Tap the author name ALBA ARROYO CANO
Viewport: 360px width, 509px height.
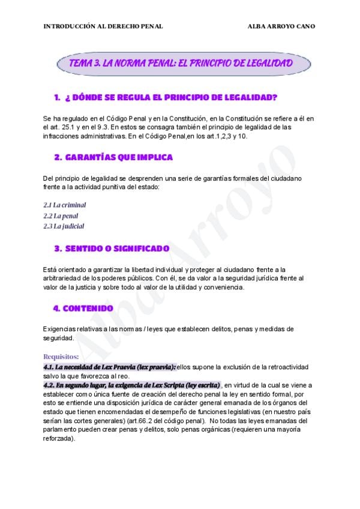pyautogui.click(x=281, y=26)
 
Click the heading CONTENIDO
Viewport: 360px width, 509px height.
pyautogui.click(x=83, y=309)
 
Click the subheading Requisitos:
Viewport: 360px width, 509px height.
pyautogui.click(x=61, y=357)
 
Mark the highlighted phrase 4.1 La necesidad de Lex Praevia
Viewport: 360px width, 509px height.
pyautogui.click(x=110, y=366)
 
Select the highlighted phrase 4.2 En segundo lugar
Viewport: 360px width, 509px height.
pyautogui.click(x=132, y=385)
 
